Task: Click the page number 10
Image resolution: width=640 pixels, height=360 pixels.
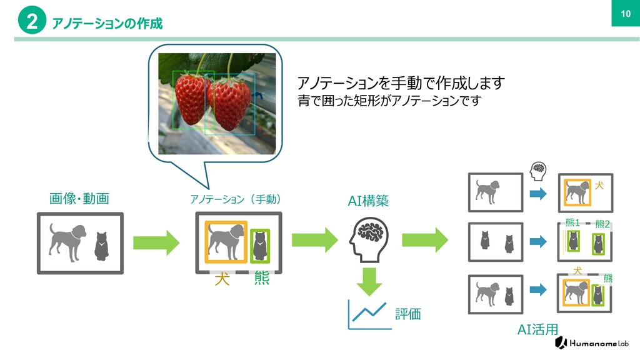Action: pos(623,14)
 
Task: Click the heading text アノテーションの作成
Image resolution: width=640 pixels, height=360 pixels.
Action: pos(107,24)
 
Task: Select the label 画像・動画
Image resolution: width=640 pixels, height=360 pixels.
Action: pos(79,199)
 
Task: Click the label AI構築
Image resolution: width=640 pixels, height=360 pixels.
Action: pos(369,201)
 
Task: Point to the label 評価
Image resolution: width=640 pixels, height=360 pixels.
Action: pos(408,314)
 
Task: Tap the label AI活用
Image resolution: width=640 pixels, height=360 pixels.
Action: pos(537,329)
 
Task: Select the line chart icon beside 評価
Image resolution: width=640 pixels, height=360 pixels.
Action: pos(369,314)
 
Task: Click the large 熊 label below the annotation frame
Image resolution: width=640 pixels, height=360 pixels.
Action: pos(261,279)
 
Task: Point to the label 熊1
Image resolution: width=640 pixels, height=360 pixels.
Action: pos(572,222)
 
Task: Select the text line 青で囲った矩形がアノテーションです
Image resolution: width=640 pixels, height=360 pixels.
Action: pos(389,101)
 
